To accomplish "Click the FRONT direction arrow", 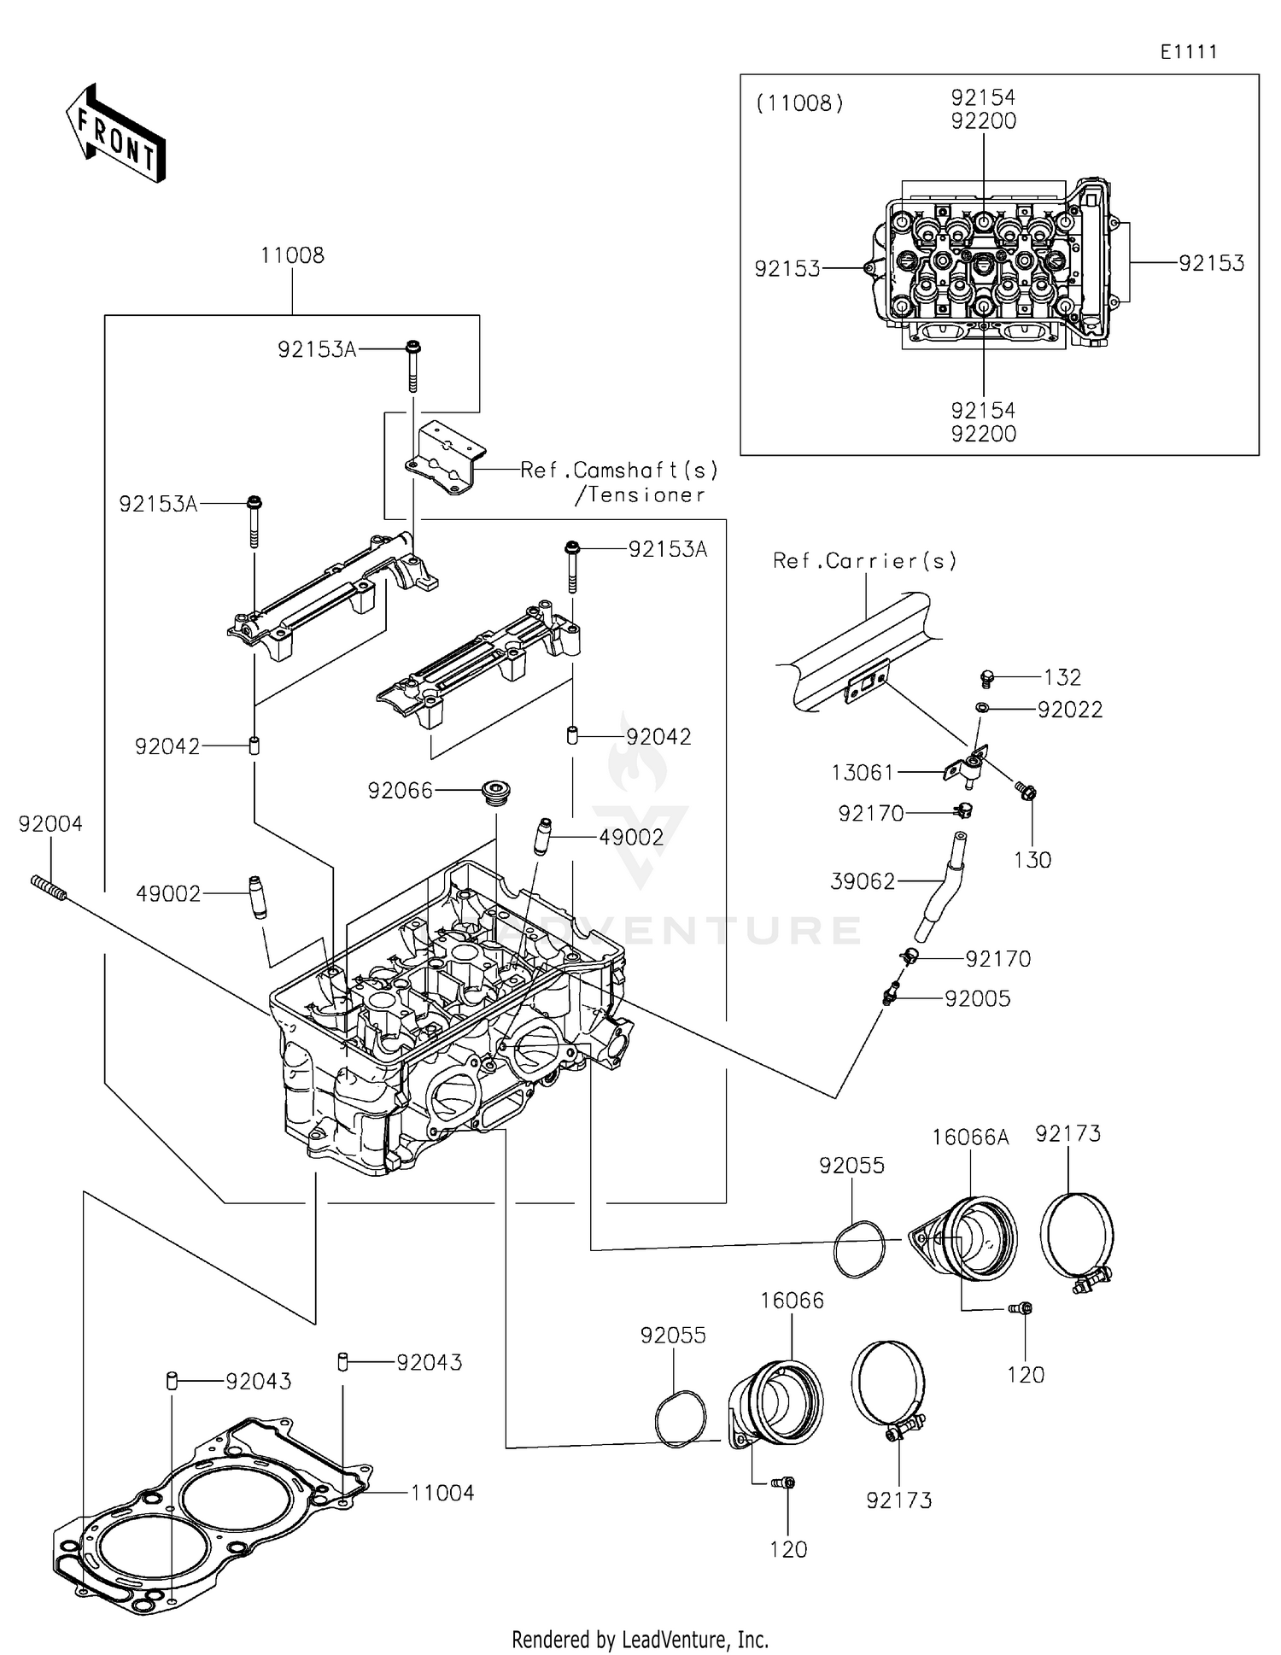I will pos(115,134).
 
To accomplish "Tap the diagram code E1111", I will pos(1188,52).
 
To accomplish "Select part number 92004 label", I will pos(50,824).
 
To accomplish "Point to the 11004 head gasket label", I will pos(442,1493).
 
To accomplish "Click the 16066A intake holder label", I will pos(970,1137).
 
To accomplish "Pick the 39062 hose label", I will pos(863,881).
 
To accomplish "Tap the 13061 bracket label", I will pos(863,773).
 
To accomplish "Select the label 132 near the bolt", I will pos(1062,677).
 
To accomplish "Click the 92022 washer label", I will pos(1070,710).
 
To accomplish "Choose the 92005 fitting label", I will pos(977,998).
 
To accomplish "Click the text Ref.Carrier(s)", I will pos(864,561).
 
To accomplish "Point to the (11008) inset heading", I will pos(799,103).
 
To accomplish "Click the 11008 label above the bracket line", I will pos(292,255).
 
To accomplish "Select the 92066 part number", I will pos(400,791).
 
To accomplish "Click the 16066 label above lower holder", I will pos(792,1301).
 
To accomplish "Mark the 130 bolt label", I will pos(1032,860).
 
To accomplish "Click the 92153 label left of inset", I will pos(787,269).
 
